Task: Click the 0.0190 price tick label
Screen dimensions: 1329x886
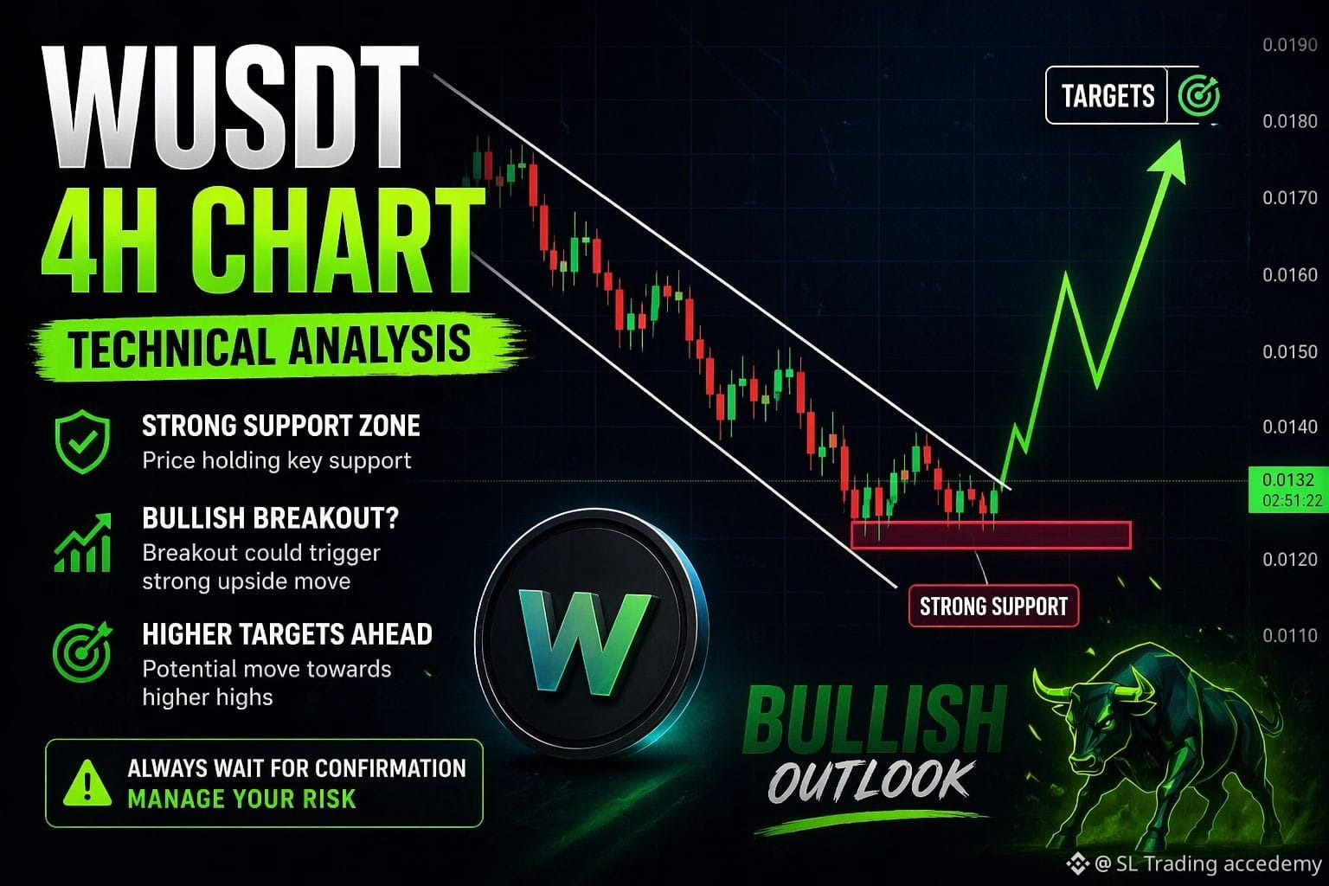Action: click(x=1290, y=45)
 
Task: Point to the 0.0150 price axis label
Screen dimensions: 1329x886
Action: click(x=1290, y=352)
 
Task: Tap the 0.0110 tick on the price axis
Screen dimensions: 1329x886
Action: click(x=1290, y=636)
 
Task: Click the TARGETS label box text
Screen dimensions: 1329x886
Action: click(x=1107, y=96)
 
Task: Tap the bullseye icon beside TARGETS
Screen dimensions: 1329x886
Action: click(x=1198, y=95)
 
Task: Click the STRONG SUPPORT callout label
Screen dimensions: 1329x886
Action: click(x=994, y=607)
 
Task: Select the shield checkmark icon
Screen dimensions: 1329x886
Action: click(x=82, y=441)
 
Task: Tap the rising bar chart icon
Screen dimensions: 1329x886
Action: click(x=82, y=543)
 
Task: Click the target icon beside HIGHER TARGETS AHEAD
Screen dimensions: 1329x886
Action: click(x=82, y=652)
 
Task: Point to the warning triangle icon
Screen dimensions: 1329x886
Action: click(x=87, y=783)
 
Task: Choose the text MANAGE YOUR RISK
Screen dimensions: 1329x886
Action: click(x=242, y=799)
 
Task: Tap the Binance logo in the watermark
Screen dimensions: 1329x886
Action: click(x=1077, y=864)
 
